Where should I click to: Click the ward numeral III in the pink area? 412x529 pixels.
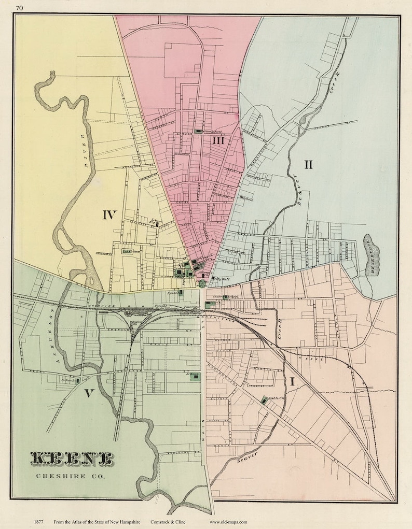(218, 140)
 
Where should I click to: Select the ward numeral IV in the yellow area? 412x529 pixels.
(109, 215)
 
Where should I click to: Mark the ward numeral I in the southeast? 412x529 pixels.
(293, 382)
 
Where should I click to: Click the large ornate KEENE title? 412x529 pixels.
(72, 459)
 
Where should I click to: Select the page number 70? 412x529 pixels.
(19, 7)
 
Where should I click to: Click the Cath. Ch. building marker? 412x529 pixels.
(265, 399)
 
